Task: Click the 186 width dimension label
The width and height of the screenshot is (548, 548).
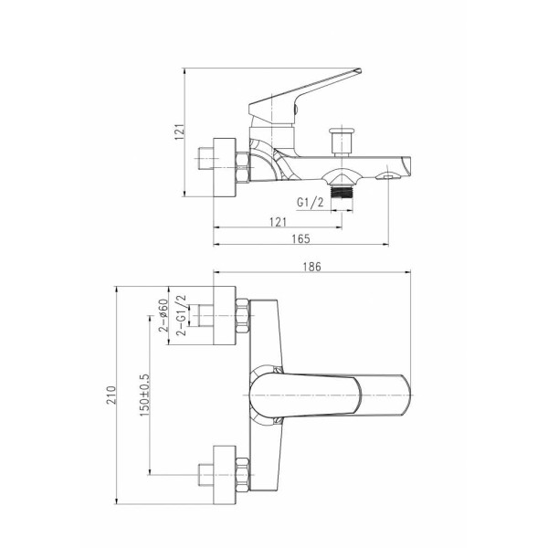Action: pyautogui.click(x=311, y=267)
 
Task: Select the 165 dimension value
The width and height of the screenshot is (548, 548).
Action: pyautogui.click(x=300, y=238)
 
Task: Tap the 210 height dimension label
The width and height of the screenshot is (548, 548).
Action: pyautogui.click(x=111, y=395)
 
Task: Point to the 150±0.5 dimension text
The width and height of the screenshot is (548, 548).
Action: pyautogui.click(x=144, y=395)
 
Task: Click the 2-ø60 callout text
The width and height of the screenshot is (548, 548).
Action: pyautogui.click(x=163, y=315)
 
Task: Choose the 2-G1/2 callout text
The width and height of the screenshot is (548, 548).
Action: pyautogui.click(x=181, y=315)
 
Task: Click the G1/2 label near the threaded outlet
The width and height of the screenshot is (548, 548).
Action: pyautogui.click(x=311, y=202)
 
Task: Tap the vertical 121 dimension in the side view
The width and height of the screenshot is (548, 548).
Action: pyautogui.click(x=179, y=132)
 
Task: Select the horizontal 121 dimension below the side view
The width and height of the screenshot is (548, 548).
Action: pyautogui.click(x=278, y=222)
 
